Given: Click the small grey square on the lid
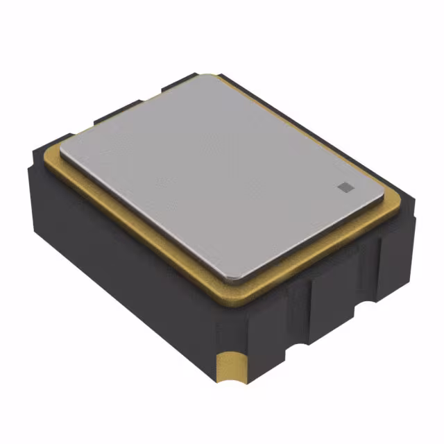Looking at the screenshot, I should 343,186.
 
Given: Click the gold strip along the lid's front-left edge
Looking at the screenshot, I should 132,229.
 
